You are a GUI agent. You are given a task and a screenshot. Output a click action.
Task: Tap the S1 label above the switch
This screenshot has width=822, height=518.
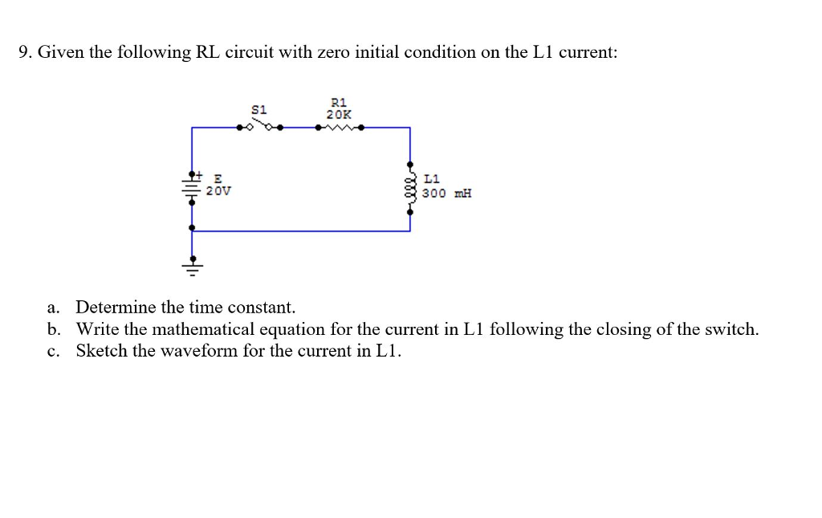(258, 108)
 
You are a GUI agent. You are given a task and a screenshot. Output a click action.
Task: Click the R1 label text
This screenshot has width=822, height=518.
(338, 102)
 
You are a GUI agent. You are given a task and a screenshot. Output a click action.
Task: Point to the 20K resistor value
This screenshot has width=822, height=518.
(338, 114)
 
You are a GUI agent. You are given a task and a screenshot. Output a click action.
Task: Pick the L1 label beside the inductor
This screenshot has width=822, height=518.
(431, 178)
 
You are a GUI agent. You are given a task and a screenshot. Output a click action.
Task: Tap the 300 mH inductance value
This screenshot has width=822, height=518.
(447, 194)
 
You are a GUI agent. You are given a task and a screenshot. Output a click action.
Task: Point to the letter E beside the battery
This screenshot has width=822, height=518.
(217, 179)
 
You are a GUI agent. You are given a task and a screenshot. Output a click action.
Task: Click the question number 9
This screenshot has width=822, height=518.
(24, 53)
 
